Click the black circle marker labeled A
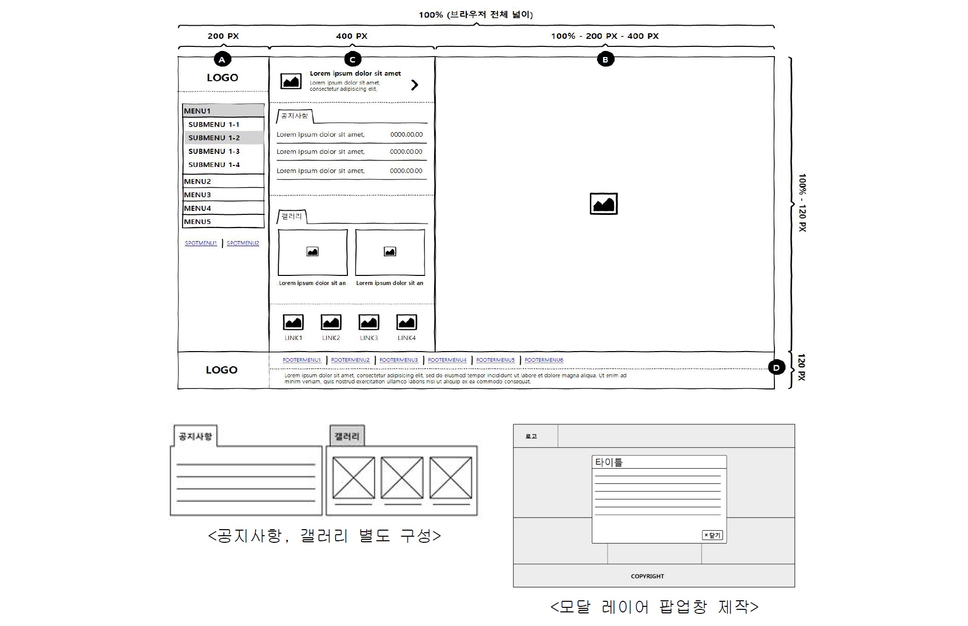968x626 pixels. coord(222,60)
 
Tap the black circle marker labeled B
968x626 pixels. coord(605,60)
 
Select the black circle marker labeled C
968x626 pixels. coord(352,60)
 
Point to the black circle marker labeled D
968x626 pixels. coord(776,368)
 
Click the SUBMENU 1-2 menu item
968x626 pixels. coord(214,138)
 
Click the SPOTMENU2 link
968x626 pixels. coord(243,243)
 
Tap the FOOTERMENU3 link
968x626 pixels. coord(398,360)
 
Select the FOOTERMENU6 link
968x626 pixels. coord(543,360)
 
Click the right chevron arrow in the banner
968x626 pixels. coord(414,85)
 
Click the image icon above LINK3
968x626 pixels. coord(369,322)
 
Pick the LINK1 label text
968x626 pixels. coord(293,338)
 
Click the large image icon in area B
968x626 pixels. coord(603,204)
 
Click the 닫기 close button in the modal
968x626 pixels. coord(712,535)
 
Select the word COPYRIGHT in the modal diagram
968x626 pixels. coord(647,576)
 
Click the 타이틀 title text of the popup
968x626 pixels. coord(609,462)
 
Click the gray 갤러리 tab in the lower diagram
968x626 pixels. coord(347,436)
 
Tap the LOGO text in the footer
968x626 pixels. coord(221,370)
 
